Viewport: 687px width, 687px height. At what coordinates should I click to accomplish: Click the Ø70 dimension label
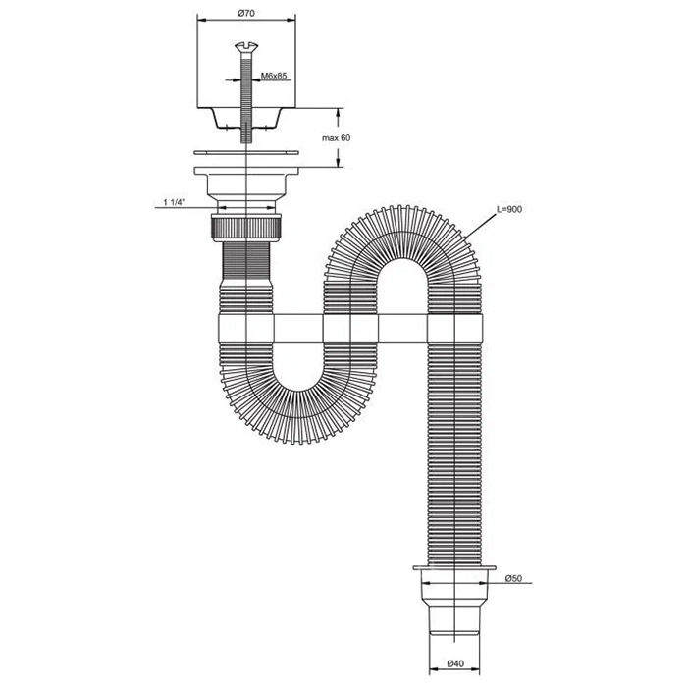pos(246,13)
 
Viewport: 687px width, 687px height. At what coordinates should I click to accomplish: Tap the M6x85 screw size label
pos(274,76)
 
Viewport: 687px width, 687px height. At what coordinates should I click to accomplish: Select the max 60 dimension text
pos(337,137)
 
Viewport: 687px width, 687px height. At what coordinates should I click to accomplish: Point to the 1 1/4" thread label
pos(175,202)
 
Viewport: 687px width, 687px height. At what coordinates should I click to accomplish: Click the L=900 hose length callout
pos(509,209)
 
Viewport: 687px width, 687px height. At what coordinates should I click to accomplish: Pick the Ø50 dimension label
pos(513,578)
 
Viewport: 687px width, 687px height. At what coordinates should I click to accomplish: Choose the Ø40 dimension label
pos(455,663)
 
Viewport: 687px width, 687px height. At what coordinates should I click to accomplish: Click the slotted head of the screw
pos(246,45)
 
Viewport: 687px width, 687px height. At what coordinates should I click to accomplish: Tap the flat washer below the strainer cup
pos(246,152)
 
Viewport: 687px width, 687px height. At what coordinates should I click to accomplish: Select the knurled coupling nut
pos(246,227)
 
